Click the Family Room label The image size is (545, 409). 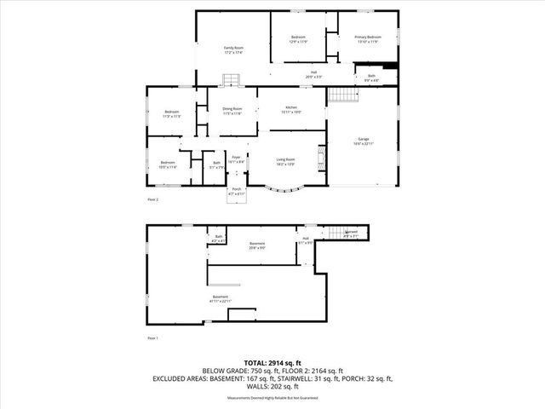[x=233, y=49]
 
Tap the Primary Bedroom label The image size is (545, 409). [x=367, y=39]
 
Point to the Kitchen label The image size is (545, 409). [x=291, y=110]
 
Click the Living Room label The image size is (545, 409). [x=285, y=161]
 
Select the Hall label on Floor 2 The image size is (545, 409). [x=313, y=74]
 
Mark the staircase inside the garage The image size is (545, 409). [x=341, y=95]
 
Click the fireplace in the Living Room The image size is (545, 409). [x=321, y=158]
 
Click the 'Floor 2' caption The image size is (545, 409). [x=153, y=200]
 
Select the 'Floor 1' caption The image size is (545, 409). [x=153, y=338]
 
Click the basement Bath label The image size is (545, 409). [x=219, y=239]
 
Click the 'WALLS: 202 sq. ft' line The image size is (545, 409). [x=272, y=386]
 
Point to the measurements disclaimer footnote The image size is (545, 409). [x=272, y=398]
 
